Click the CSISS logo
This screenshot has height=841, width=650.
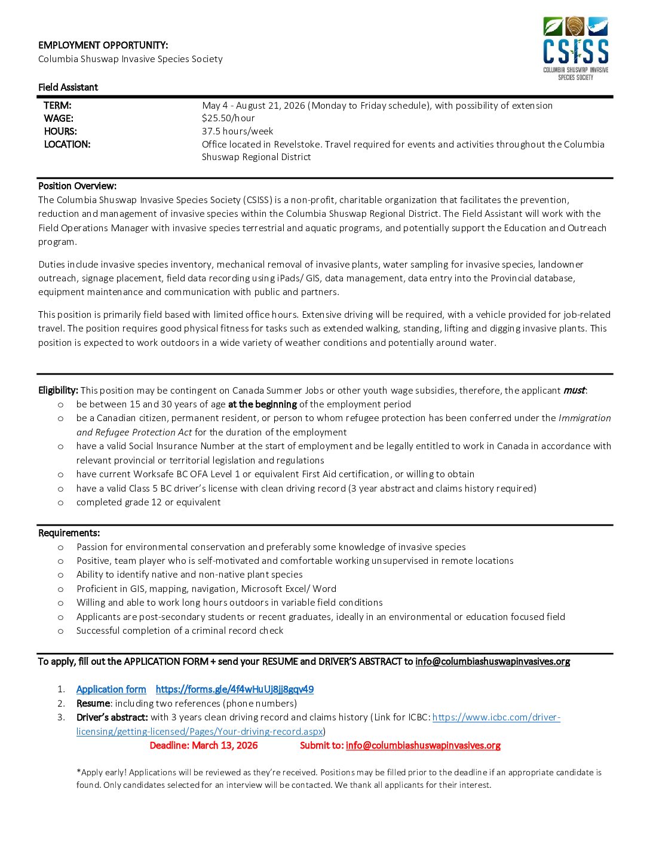575,48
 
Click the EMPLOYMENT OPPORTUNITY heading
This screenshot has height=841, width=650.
103,45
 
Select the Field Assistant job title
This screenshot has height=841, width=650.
68,87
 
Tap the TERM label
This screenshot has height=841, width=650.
57,106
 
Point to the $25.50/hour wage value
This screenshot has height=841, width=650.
228,118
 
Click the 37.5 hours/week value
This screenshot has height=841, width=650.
237,131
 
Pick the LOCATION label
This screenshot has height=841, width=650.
67,145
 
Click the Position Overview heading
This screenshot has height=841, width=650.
77,186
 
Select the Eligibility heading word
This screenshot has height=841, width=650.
58,391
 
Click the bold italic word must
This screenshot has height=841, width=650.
574,391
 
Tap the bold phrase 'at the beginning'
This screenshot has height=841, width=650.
262,404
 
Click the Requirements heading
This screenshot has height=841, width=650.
69,533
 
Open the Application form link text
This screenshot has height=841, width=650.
111,689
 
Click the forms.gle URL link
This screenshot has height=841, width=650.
234,689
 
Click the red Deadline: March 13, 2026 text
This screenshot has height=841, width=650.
204,745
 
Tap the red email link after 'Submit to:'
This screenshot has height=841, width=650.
423,745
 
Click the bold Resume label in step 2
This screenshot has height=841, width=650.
93,704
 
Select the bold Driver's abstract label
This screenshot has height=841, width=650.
112,717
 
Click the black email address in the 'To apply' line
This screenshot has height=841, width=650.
492,662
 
